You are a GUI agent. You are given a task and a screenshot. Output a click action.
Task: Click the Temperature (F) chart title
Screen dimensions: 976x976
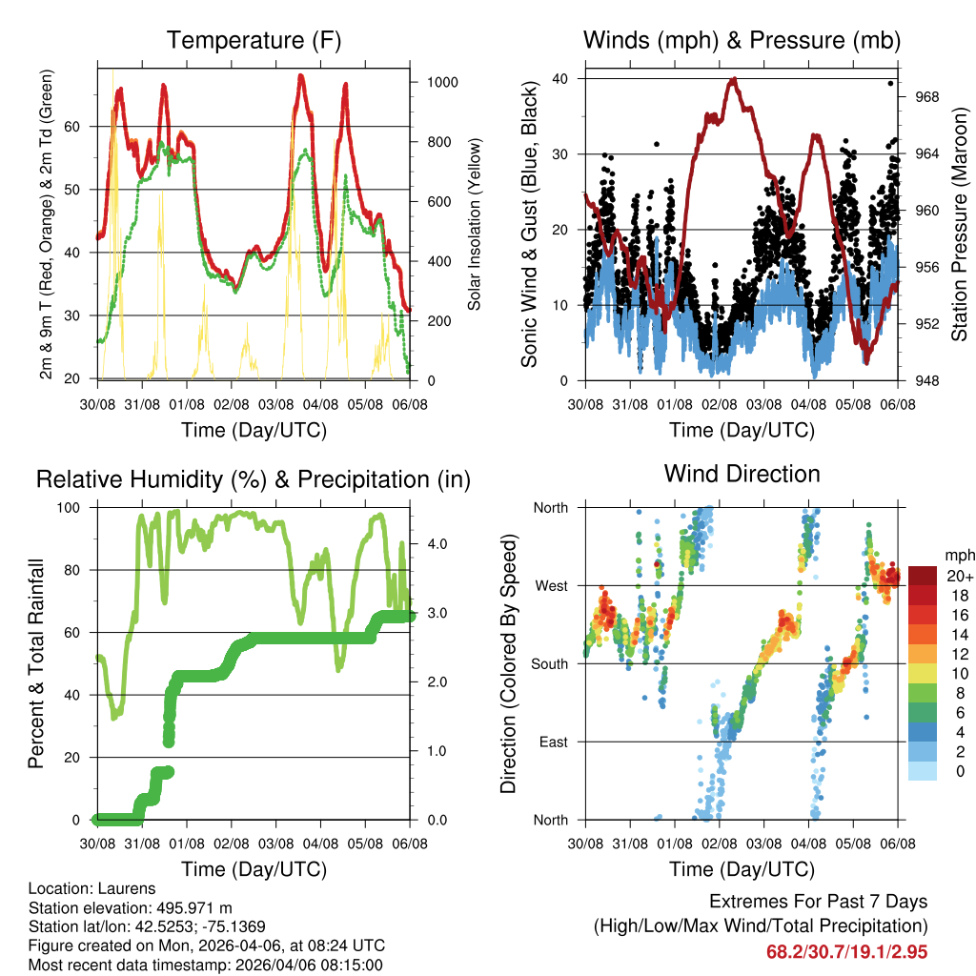(x=254, y=40)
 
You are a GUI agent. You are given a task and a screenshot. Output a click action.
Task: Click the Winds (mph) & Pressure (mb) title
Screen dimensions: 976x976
(x=742, y=40)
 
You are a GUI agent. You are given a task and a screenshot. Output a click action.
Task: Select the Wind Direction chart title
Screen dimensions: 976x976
(x=742, y=473)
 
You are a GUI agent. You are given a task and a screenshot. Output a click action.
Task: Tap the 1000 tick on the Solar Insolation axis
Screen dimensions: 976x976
(x=442, y=83)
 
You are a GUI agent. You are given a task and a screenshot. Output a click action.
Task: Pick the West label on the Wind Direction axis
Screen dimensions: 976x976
(x=550, y=585)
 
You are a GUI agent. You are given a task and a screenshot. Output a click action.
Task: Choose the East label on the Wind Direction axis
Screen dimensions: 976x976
(x=552, y=742)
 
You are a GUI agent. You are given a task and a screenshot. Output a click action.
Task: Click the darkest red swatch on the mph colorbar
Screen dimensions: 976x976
(x=922, y=576)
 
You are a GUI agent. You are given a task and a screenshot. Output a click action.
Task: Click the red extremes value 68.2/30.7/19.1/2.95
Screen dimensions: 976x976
(x=846, y=952)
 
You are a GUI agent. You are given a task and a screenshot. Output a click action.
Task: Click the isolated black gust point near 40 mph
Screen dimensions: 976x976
(x=890, y=83)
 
